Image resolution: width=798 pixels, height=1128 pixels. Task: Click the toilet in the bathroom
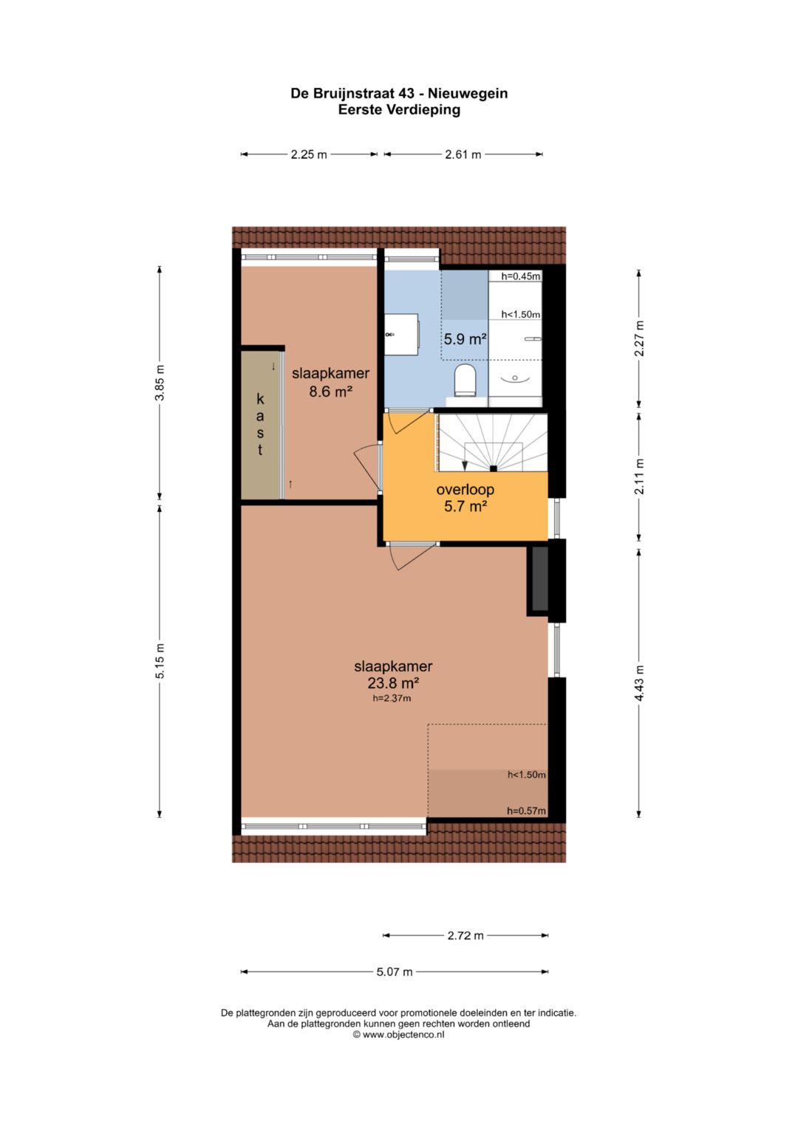pyautogui.click(x=465, y=380)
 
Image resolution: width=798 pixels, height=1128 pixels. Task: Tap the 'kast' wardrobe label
pyautogui.click(x=260, y=424)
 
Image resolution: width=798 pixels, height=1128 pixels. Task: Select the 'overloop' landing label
pyautogui.click(x=465, y=489)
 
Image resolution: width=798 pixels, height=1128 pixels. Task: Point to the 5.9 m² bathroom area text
pyautogui.click(x=465, y=339)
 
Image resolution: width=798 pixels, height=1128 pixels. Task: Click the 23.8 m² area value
pyautogui.click(x=393, y=683)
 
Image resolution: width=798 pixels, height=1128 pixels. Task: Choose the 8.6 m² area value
pyautogui.click(x=330, y=391)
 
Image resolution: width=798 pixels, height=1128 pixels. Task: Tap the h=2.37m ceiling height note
pyautogui.click(x=392, y=698)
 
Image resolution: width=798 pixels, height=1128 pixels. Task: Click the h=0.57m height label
pyautogui.click(x=526, y=811)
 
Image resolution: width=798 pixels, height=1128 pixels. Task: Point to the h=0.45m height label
pyautogui.click(x=520, y=276)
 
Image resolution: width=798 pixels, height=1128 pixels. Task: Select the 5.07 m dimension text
pyautogui.click(x=395, y=972)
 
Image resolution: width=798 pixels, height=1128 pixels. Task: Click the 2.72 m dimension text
pyautogui.click(x=465, y=936)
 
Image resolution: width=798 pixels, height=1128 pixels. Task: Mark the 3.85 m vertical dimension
pyautogui.click(x=160, y=382)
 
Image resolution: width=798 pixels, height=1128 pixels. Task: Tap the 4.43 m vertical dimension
pyautogui.click(x=639, y=683)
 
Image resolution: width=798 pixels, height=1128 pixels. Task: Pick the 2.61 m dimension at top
pyautogui.click(x=463, y=154)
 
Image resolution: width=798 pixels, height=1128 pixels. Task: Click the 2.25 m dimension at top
pyautogui.click(x=309, y=154)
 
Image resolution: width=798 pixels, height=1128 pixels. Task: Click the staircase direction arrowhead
pyautogui.click(x=465, y=465)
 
